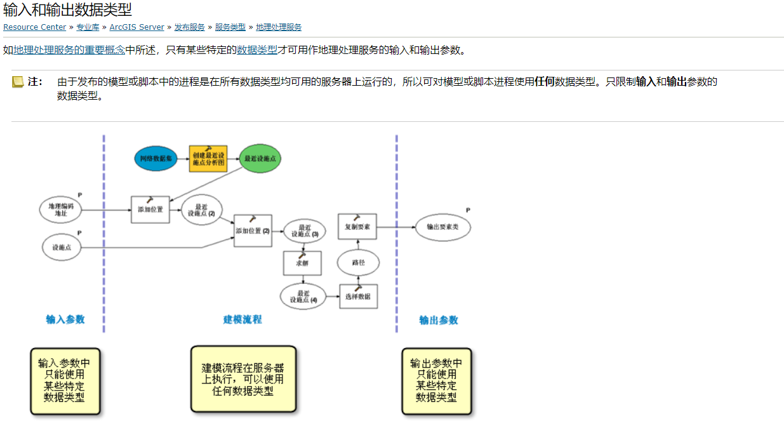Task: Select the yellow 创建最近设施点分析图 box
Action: tap(208, 158)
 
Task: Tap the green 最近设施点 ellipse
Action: tap(261, 158)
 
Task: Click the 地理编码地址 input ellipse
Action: tap(61, 210)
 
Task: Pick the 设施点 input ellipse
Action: tap(62, 247)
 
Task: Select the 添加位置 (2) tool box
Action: tap(253, 231)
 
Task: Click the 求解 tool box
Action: tap(302, 263)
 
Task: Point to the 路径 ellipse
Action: tap(358, 262)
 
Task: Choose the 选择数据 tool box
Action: tap(358, 296)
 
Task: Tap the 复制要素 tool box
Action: tap(357, 226)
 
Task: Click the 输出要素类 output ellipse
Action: tap(442, 227)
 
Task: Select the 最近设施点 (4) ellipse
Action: tap(303, 296)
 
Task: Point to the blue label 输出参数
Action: tap(438, 320)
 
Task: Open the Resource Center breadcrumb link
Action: tap(34, 27)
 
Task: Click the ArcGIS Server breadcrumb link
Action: tap(136, 27)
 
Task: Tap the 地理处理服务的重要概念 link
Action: tap(69, 50)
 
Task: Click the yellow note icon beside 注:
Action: tap(18, 82)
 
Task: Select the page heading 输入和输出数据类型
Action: tap(67, 10)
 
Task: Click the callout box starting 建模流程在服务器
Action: tap(243, 379)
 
